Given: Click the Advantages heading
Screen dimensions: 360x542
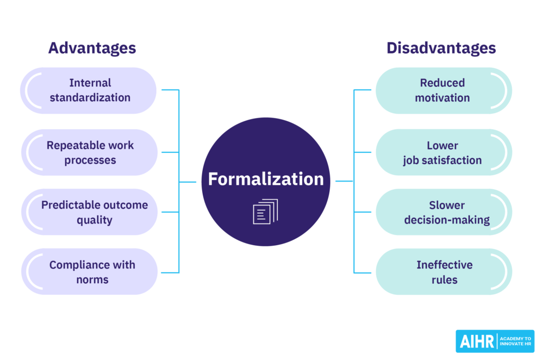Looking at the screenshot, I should point(92,48).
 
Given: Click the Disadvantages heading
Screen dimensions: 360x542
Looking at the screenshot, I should point(441,48).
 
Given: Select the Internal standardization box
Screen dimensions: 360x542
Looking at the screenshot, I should point(89,91).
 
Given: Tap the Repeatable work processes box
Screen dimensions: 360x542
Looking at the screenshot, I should point(89,152).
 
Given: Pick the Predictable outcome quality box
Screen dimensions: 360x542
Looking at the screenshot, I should point(89,212).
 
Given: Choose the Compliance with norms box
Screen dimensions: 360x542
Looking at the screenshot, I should point(89,272).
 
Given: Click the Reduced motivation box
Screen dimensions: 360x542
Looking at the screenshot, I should point(443,91).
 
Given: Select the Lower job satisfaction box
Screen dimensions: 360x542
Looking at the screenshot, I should point(443,152).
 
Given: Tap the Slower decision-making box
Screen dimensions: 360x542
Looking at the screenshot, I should point(443,212).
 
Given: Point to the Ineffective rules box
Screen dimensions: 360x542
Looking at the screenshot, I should point(443,272).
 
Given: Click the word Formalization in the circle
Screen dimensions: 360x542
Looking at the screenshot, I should point(266,179).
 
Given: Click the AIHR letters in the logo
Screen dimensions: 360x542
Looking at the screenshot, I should point(476,341).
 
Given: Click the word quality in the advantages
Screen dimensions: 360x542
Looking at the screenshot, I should point(94,220).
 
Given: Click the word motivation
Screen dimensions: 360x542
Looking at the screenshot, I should point(442,98).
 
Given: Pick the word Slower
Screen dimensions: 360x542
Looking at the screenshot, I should point(447,205).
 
